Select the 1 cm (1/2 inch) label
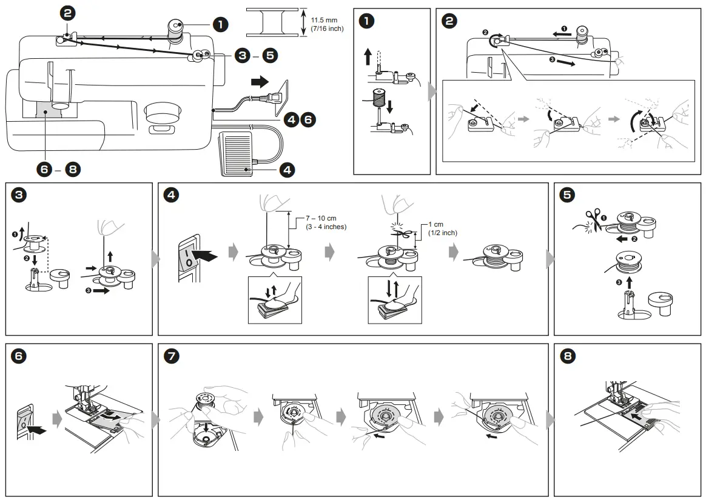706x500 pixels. click(x=442, y=228)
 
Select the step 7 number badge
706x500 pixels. click(x=172, y=356)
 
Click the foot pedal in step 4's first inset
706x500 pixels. click(x=272, y=308)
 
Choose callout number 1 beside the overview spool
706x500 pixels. click(x=219, y=24)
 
